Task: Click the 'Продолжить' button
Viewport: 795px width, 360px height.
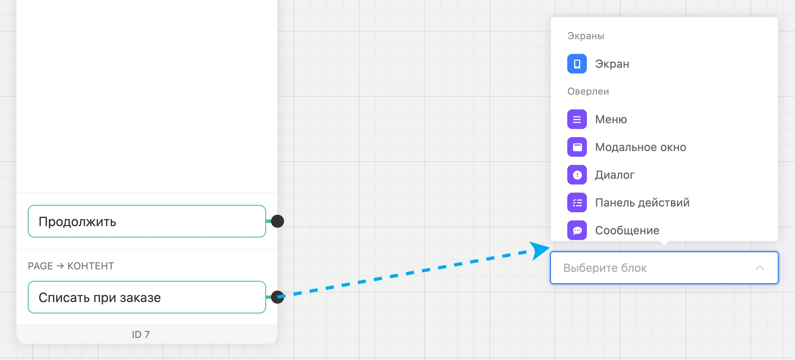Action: [147, 221]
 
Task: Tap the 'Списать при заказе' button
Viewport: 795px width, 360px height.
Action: [147, 297]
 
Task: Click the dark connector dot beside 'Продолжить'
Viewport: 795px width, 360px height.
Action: [278, 221]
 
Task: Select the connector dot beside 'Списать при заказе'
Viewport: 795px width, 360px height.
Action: [278, 297]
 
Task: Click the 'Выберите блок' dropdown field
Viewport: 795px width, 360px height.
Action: [664, 268]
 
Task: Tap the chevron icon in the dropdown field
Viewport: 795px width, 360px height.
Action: [759, 268]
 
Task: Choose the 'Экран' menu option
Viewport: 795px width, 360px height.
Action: [612, 64]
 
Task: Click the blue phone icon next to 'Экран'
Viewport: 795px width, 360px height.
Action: [577, 64]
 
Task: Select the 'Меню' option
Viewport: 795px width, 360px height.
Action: [611, 119]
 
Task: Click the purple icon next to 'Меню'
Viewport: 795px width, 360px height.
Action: [577, 119]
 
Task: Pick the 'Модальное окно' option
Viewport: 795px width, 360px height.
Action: [641, 147]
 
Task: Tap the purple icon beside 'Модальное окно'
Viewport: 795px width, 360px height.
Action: [577, 147]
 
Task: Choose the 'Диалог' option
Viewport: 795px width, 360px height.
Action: [615, 175]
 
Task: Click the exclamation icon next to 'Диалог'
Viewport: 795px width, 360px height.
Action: [577, 175]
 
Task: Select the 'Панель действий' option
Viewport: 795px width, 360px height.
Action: [642, 202]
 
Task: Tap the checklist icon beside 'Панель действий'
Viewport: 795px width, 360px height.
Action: [577, 202]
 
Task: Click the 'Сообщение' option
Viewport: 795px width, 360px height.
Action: [627, 230]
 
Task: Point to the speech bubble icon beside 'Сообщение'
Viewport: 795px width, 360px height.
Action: [577, 230]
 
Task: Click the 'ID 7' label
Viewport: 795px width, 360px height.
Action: [141, 334]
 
